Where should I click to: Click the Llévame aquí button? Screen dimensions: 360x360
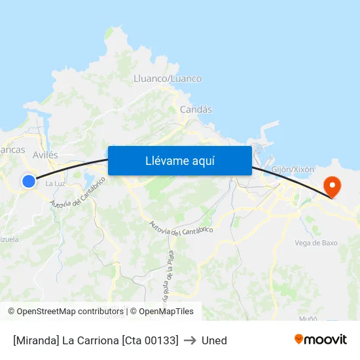(180, 160)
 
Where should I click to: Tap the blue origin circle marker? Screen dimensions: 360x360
(29, 181)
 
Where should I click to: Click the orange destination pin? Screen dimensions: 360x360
(333, 186)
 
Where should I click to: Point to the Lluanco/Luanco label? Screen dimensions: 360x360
(168, 79)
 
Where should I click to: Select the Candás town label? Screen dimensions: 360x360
(196, 109)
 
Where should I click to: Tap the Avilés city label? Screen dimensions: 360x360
(45, 155)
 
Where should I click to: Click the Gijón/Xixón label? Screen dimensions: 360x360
(293, 169)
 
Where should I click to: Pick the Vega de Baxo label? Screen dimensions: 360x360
(316, 243)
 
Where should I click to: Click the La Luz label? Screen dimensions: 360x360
(54, 183)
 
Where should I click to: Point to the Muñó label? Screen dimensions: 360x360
(308, 318)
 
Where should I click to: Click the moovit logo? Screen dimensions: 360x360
(321, 339)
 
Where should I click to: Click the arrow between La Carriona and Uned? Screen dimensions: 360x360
(190, 340)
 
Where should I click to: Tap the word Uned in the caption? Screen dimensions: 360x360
(214, 340)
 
